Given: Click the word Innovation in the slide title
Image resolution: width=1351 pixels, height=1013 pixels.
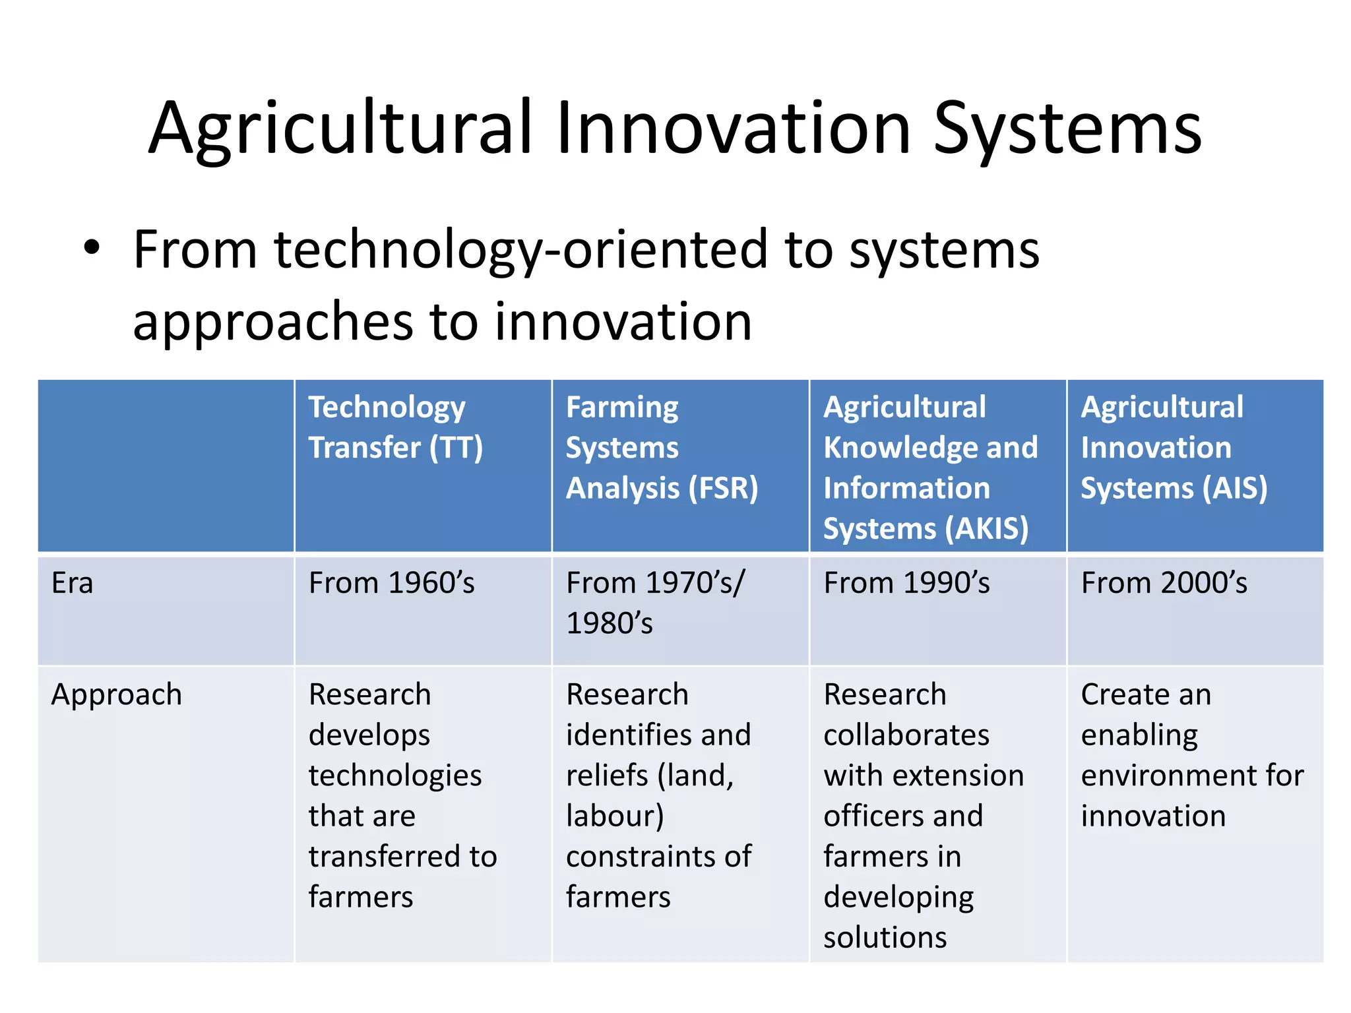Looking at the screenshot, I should click(734, 129).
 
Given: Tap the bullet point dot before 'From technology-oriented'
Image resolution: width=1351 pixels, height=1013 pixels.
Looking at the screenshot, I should click(92, 249).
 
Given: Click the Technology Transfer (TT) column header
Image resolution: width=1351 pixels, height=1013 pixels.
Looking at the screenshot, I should click(396, 427).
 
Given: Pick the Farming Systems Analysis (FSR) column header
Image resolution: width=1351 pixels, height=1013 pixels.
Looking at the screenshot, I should click(662, 448).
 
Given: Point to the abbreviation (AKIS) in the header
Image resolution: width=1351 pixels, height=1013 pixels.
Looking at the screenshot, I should click(986, 529).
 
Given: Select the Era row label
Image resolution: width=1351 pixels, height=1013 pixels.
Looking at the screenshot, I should click(73, 584).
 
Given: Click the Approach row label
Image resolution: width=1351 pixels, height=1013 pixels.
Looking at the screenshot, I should click(117, 695).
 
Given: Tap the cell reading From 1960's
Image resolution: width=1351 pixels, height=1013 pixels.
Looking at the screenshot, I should click(391, 584).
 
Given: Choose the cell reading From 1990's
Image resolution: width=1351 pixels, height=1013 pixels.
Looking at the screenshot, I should click(906, 584).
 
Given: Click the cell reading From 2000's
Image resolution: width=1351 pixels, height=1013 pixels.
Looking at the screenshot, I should click(1164, 584).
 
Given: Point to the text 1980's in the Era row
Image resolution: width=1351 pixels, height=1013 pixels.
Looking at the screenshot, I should click(609, 624).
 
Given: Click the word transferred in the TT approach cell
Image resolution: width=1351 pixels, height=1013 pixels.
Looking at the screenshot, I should click(385, 857).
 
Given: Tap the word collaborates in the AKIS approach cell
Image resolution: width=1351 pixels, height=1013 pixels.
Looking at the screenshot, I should click(906, 735).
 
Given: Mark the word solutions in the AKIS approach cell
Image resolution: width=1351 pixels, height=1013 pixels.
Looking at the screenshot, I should click(885, 938).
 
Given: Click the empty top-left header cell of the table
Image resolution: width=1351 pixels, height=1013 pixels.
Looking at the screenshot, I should click(166, 466).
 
